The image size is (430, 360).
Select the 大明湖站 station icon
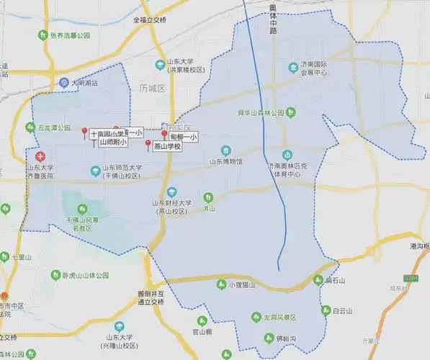pyautogui.click(x=64, y=83)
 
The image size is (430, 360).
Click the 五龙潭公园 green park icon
pyautogui.click(x=30, y=127)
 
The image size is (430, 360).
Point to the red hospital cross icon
pyautogui.click(x=39, y=156)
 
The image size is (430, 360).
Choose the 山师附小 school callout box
pyautogui.click(x=112, y=143)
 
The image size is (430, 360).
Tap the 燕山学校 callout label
pyautogui.click(x=171, y=146)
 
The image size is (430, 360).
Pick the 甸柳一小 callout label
pyautogui.click(x=183, y=136)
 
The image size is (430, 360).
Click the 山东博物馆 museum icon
pyautogui.click(x=226, y=151)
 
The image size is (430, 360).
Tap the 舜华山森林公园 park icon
pyautogui.click(x=290, y=112)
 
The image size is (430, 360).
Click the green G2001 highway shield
pyautogui.click(x=411, y=276)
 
